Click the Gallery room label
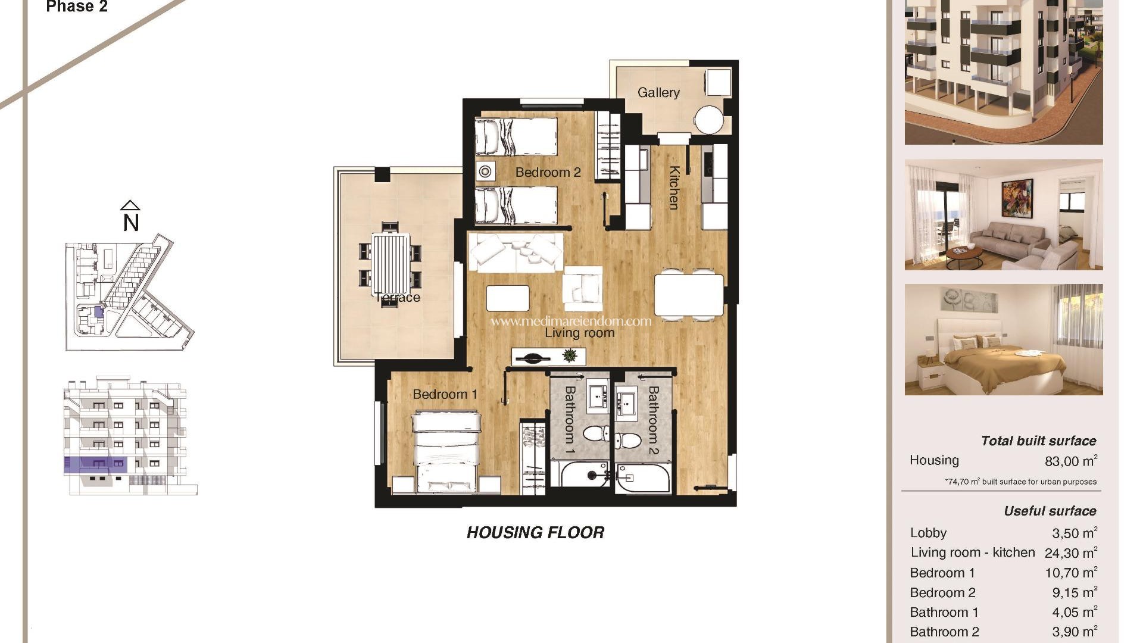pyautogui.click(x=658, y=93)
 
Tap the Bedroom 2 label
pyautogui.click(x=548, y=173)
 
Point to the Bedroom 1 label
pyautogui.click(x=445, y=394)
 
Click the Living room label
pyautogui.click(x=580, y=333)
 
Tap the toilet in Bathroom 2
pyautogui.click(x=628, y=440)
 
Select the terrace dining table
pyautogui.click(x=391, y=263)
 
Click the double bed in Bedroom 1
pyautogui.click(x=446, y=451)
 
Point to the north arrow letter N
pyautogui.click(x=131, y=223)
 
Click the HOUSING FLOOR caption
pyautogui.click(x=535, y=533)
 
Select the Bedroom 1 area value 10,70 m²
pyautogui.click(x=1071, y=573)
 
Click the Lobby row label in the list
pyautogui.click(x=928, y=533)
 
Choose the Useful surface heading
pyautogui.click(x=1050, y=511)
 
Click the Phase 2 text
pyautogui.click(x=77, y=7)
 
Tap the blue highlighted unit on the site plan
pyautogui.click(x=99, y=311)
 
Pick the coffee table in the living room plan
pyautogui.click(x=508, y=298)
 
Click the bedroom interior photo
pyautogui.click(x=1004, y=339)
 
